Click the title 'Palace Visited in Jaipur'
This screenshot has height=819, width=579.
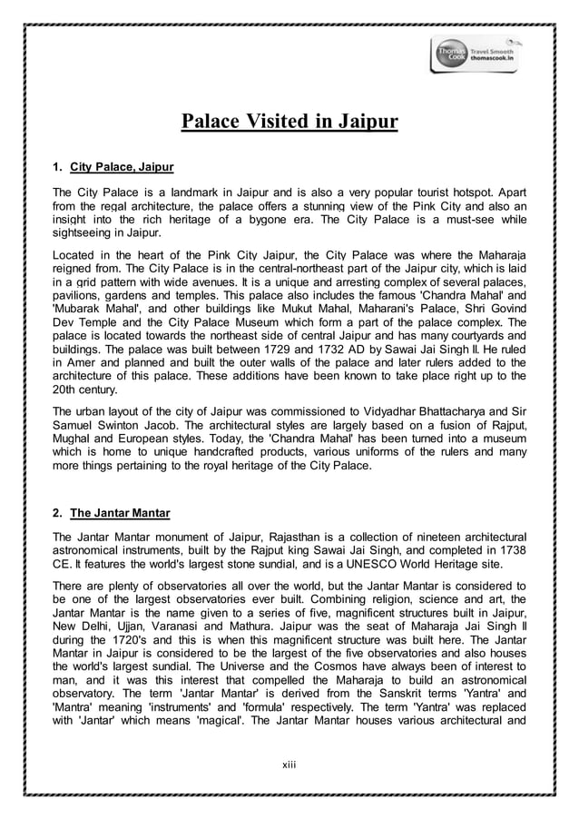(x=289, y=122)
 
